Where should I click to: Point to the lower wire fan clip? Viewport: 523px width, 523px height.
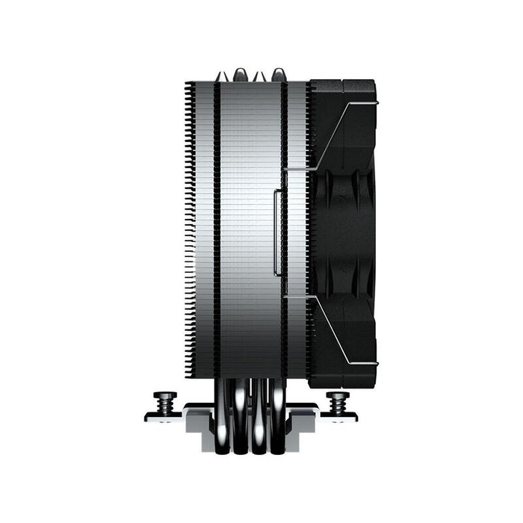[351, 329]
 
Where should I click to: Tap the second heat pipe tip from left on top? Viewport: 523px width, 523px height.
[240, 74]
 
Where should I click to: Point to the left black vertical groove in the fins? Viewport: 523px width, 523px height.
[217, 224]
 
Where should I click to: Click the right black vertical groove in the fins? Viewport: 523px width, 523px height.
[284, 224]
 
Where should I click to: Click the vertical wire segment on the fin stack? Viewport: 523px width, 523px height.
[276, 232]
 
